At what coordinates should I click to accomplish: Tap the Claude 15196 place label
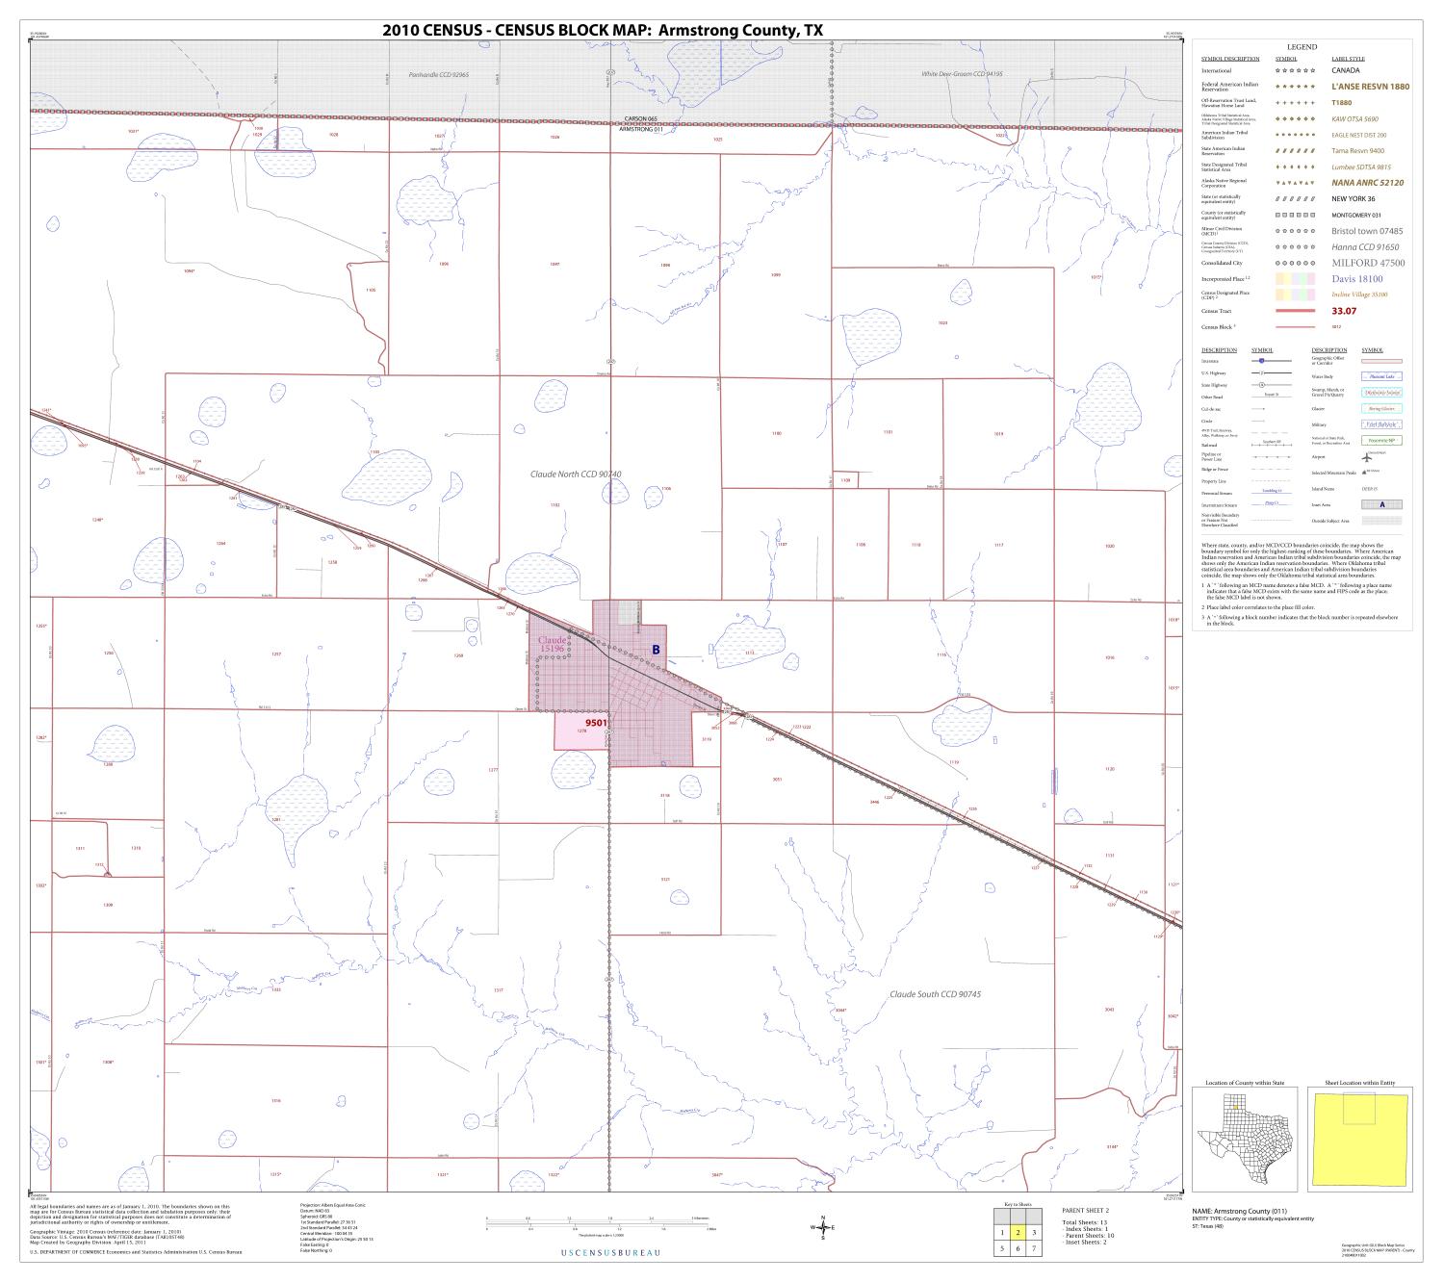tap(552, 645)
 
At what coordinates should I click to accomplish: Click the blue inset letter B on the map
tap(656, 650)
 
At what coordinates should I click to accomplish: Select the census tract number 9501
tap(597, 722)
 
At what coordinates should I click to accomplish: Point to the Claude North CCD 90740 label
tap(576, 474)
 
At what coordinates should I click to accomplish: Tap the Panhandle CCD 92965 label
tap(438, 74)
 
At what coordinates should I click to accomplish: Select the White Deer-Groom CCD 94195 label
tap(962, 74)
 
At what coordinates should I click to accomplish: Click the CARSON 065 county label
tap(640, 119)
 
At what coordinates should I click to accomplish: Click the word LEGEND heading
tap(1302, 47)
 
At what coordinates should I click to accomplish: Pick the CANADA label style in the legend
tap(1346, 70)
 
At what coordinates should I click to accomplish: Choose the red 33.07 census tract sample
tap(1344, 311)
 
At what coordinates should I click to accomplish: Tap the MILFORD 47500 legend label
tap(1368, 263)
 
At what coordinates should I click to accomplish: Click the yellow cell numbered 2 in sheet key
tap(1018, 1232)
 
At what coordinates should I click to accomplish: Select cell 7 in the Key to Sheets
tap(1033, 1248)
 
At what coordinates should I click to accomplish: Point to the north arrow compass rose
tap(823, 1227)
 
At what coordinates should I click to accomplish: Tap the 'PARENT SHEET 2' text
tap(1085, 1210)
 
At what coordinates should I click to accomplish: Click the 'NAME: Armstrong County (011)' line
tap(1243, 1211)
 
